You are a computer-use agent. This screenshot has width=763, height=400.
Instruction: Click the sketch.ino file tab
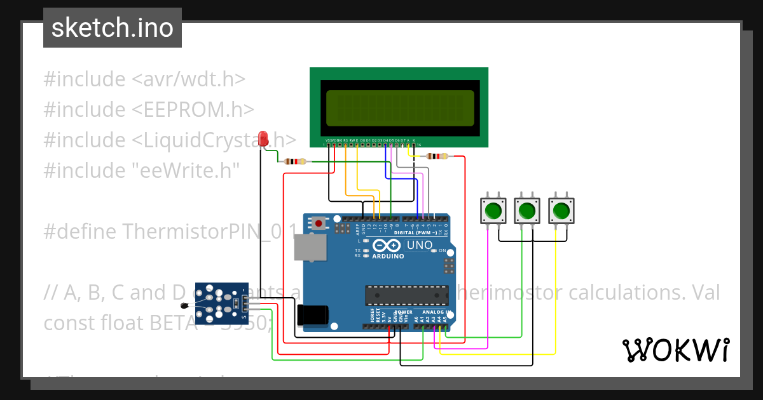pyautogui.click(x=112, y=29)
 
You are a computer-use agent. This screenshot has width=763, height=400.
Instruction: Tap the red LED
pyautogui.click(x=263, y=138)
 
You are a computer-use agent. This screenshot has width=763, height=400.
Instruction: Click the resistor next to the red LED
pyautogui.click(x=294, y=161)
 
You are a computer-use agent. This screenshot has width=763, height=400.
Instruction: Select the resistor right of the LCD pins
pyautogui.click(x=436, y=156)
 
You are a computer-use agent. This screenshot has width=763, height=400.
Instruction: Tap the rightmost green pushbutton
pyautogui.click(x=560, y=210)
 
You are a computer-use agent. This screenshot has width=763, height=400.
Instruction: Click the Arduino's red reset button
pyautogui.click(x=317, y=223)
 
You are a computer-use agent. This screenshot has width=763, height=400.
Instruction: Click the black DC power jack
pyautogui.click(x=313, y=315)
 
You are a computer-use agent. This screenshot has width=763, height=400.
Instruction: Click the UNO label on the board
pyautogui.click(x=419, y=245)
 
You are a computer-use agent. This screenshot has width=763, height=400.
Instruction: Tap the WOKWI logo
pyautogui.click(x=675, y=350)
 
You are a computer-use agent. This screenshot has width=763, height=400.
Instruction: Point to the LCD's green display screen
pyautogui.click(x=400, y=108)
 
